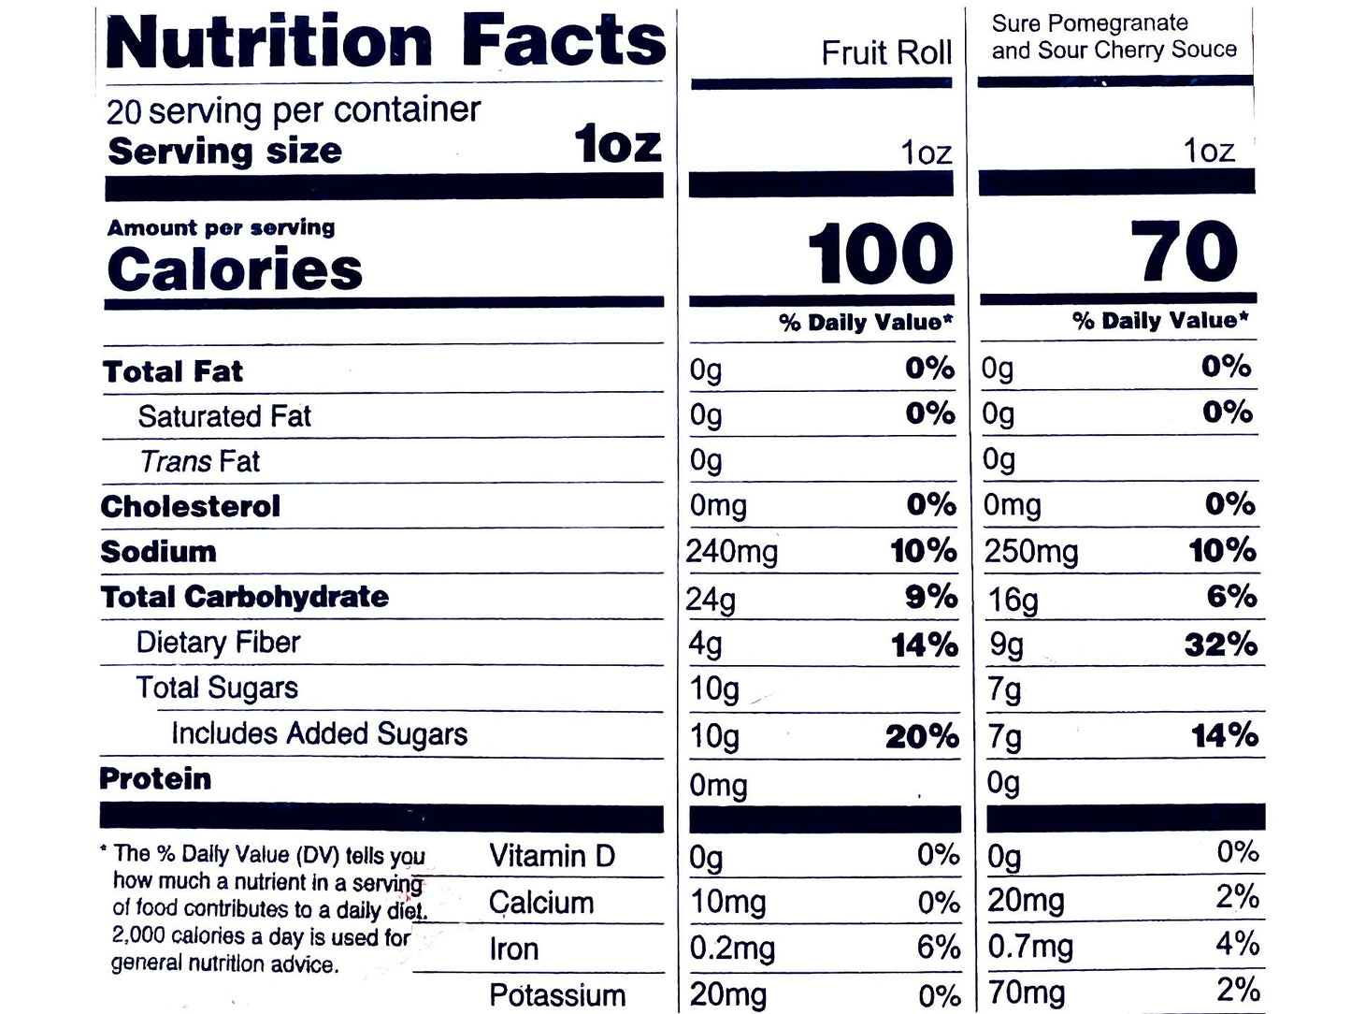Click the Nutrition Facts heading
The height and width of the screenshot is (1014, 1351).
pos(385,42)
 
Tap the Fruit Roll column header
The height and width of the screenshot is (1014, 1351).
pos(885,53)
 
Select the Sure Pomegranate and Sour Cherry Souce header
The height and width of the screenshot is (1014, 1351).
pos(1114,36)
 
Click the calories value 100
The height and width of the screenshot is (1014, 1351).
pos(880,254)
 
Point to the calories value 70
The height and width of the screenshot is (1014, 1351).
pos(1184,253)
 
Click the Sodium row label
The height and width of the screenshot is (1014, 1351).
pos(158,552)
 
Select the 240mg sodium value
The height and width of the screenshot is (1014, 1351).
pos(731,552)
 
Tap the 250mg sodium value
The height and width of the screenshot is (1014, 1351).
pos(1030,552)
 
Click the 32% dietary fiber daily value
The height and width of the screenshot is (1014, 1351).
pos(1220,645)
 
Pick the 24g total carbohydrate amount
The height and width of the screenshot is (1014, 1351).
pos(710,599)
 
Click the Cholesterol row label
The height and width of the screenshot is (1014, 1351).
pos(190,507)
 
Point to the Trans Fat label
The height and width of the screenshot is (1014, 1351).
pos(199,461)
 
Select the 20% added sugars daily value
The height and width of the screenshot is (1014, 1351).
pos(922,737)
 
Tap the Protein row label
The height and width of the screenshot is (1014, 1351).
pos(155,779)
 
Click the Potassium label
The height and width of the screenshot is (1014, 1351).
pos(557,995)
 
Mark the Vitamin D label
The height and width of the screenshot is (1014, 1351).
pos(552,856)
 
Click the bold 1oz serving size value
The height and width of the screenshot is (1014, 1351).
pos(618,146)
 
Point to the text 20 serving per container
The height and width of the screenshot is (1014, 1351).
pos(293,111)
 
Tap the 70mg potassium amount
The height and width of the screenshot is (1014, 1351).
pos(1026,993)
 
